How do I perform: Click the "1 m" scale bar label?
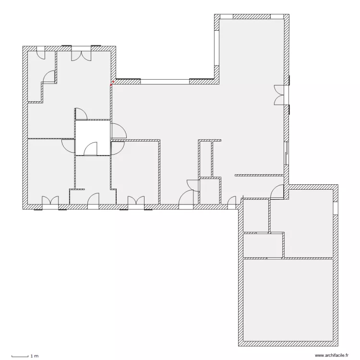click(34, 356)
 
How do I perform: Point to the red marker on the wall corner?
click(112, 84)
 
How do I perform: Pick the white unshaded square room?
click(92, 137)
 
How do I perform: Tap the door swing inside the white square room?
click(90, 150)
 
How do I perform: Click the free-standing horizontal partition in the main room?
click(260, 175)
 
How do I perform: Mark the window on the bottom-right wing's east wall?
click(336, 208)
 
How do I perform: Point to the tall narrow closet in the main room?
click(205, 158)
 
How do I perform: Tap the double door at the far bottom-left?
click(50, 202)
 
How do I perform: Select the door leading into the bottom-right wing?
click(277, 192)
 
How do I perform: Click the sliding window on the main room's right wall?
click(287, 153)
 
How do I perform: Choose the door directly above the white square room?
click(81, 114)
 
